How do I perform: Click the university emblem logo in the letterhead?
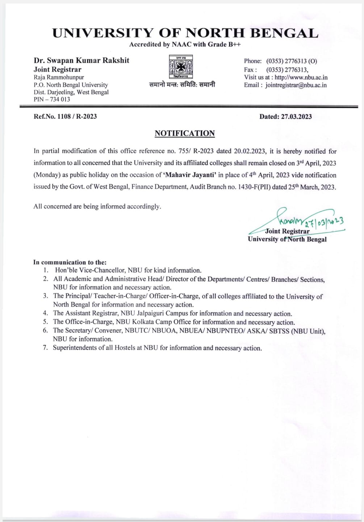click(182, 67)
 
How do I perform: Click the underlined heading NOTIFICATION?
click(185, 133)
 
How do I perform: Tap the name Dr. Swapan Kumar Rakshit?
click(81, 60)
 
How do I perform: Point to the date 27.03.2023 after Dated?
click(296, 116)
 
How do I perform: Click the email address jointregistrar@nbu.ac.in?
click(296, 85)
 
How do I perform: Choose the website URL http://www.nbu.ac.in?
click(301, 77)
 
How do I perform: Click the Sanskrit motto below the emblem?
click(182, 85)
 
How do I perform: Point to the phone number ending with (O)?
click(292, 61)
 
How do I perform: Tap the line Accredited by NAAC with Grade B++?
click(185, 45)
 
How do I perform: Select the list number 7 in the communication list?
click(45, 348)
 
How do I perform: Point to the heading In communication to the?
click(70, 262)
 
